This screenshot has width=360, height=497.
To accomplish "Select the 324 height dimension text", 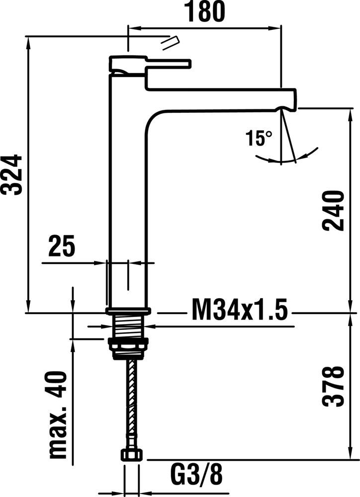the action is [x=12, y=174].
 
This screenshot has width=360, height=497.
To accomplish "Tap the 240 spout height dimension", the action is [x=333, y=211].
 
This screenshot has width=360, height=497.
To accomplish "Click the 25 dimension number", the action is [x=62, y=246].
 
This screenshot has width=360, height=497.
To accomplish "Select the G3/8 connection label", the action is [x=196, y=475].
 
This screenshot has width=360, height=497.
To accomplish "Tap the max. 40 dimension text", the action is [x=59, y=415].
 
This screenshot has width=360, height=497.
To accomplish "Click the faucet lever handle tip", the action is [x=189, y=64].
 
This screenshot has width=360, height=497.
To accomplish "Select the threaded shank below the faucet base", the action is [x=128, y=327].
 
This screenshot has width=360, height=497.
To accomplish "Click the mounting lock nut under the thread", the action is [x=128, y=348].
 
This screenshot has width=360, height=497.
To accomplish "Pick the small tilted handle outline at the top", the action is [x=171, y=43].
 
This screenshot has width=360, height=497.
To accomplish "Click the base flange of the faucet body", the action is [x=128, y=311].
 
